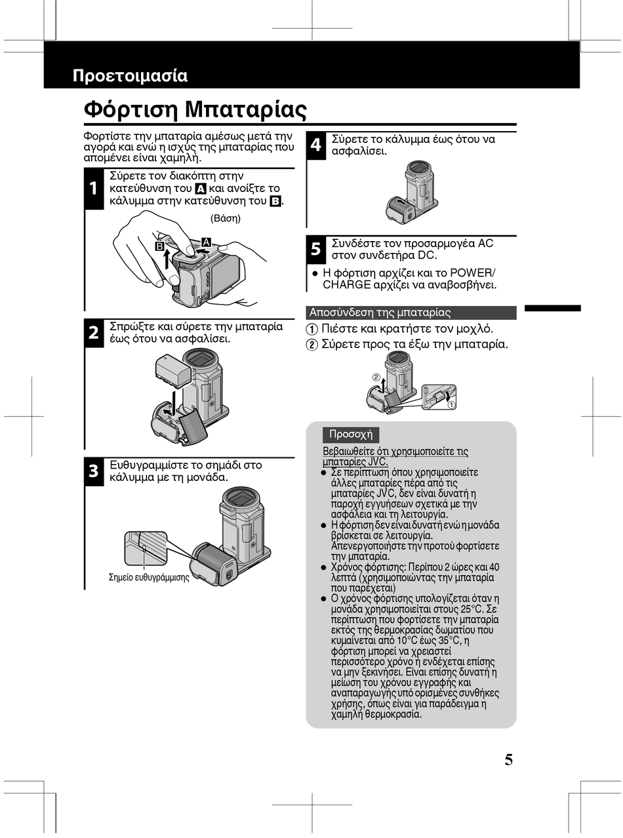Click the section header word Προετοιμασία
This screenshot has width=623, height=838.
(130, 76)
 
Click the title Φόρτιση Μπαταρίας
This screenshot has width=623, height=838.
(195, 109)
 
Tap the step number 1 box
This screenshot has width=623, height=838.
(94, 189)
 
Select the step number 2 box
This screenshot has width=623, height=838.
(94, 333)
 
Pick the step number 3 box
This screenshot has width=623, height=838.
(94, 471)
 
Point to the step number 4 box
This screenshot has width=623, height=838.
(315, 145)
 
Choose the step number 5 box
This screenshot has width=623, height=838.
(315, 249)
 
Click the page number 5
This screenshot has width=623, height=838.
(508, 760)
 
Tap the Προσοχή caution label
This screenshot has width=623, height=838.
(350, 434)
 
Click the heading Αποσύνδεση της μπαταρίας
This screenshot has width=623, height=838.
(380, 313)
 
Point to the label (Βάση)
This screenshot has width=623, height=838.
(225, 218)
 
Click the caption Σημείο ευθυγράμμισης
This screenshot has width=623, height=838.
(149, 577)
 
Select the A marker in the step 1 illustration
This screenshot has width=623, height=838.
(206, 242)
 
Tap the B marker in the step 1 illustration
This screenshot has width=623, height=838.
(159, 246)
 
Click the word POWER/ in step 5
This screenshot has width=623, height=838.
(473, 273)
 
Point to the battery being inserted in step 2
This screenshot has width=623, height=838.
(172, 371)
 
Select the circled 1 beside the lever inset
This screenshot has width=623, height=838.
(452, 404)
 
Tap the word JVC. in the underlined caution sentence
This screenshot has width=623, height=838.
(378, 461)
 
